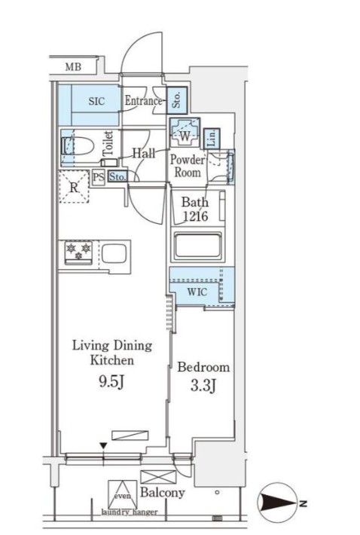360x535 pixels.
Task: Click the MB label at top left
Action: tap(73, 66)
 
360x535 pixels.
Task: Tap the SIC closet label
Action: tap(96, 101)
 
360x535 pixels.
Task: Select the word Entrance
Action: tap(143, 101)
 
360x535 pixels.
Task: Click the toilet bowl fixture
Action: tap(78, 148)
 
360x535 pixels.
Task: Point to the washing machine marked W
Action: tap(185, 133)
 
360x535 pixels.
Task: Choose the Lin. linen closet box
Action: tap(212, 139)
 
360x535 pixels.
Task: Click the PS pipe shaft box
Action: tap(98, 178)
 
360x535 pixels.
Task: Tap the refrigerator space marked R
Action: tap(74, 187)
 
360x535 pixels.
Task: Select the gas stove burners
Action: tap(79, 252)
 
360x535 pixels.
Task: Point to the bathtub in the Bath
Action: tap(198, 246)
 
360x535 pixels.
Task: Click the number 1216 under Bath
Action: tap(195, 216)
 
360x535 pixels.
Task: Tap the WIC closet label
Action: tap(197, 292)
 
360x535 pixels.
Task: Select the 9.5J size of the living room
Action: tap(111, 382)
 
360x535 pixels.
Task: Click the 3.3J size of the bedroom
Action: tap(203, 386)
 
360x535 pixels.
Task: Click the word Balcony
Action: tap(163, 492)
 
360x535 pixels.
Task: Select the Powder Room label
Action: tap(188, 166)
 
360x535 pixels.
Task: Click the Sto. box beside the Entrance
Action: tap(177, 100)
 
